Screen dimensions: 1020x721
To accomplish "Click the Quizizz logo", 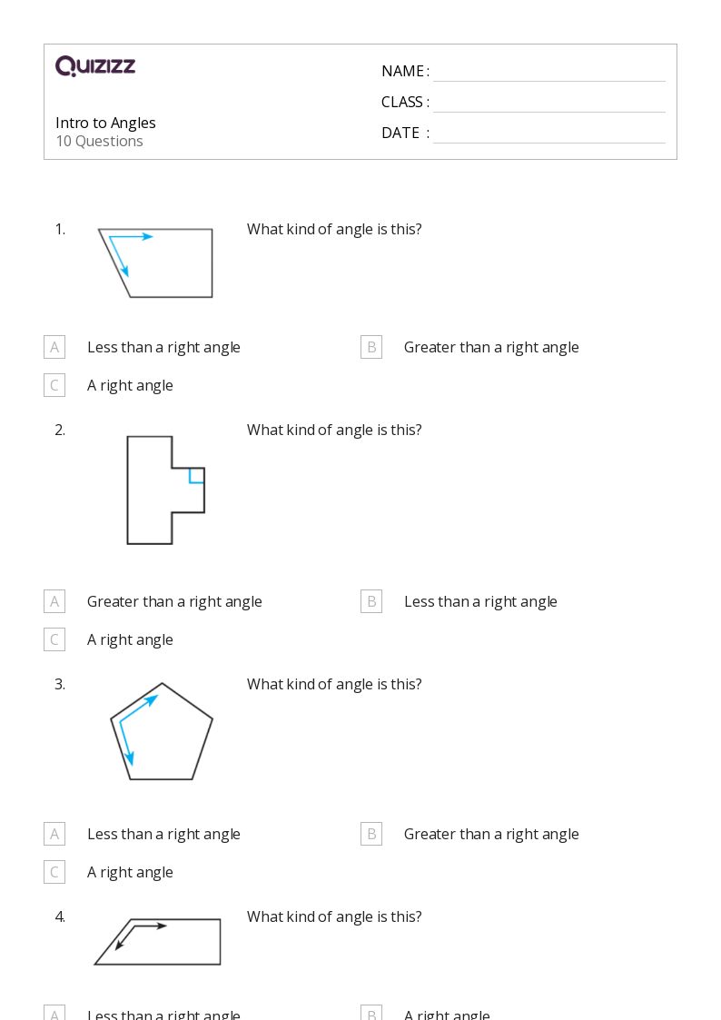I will coord(95,66).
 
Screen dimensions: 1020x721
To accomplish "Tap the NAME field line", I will coord(548,73).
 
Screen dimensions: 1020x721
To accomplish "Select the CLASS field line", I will coord(548,104).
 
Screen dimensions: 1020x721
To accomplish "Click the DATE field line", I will coord(548,134).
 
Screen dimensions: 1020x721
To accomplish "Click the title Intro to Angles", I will coord(105,123).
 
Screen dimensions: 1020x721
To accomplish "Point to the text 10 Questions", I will coord(99,142).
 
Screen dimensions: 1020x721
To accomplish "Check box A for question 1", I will coord(54,347).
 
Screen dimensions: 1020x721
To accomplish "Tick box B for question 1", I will coord(371,347).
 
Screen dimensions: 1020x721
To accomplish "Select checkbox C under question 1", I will coord(54,385).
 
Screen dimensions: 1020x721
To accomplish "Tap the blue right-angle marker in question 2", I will coord(195,476).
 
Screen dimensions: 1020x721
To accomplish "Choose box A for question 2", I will coord(54,601).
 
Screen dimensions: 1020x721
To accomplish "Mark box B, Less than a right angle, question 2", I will coord(371,601).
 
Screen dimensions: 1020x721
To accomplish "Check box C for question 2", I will coord(54,639).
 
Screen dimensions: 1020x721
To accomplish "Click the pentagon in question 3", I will coord(163,734).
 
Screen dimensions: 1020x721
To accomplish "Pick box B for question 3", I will coord(371,834).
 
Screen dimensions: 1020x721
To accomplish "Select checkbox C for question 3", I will coord(54,872).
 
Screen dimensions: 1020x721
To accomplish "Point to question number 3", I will coord(60,685).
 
